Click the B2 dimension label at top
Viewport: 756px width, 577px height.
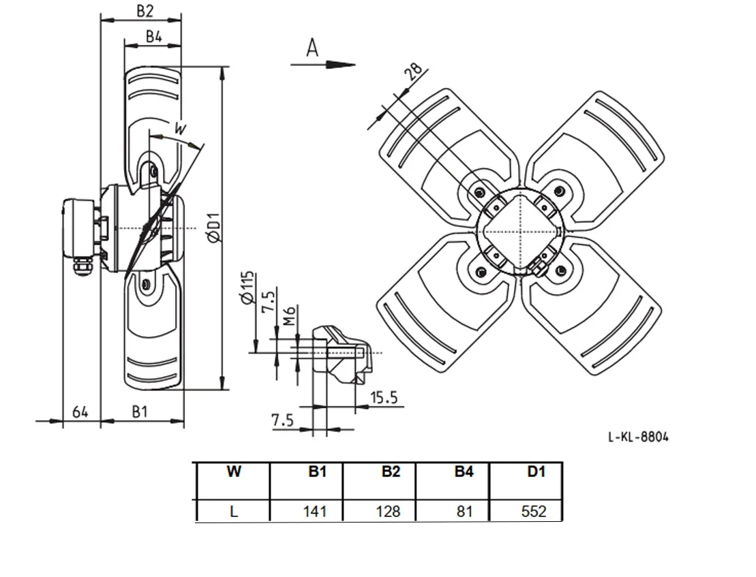point(145,11)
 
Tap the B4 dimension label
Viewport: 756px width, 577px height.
point(154,36)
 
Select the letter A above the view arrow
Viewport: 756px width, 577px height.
point(312,48)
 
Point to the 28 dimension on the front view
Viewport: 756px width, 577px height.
point(413,72)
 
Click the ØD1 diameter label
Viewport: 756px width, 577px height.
point(213,227)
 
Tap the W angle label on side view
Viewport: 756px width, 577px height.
point(180,129)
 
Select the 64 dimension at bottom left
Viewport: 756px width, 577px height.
point(80,412)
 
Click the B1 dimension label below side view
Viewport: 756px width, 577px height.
point(139,411)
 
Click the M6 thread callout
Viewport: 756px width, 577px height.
point(288,316)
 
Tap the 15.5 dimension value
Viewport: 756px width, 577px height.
point(384,398)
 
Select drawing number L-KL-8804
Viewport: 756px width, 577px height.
point(638,437)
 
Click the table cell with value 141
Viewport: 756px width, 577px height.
point(315,511)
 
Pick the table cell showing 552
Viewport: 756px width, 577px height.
point(534,511)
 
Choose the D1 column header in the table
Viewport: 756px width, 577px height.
point(536,471)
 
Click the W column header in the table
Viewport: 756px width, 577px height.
point(234,471)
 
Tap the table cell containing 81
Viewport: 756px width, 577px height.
point(464,511)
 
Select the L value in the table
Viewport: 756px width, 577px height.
point(234,511)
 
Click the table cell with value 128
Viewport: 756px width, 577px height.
point(388,511)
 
